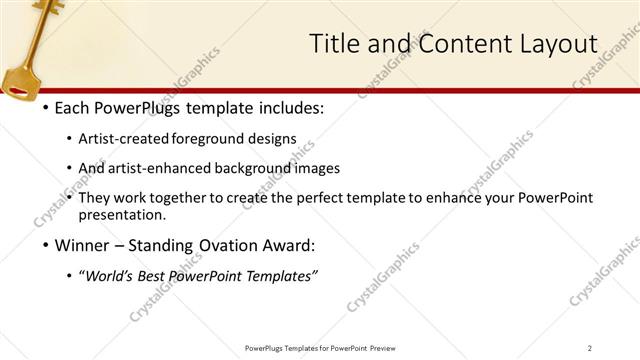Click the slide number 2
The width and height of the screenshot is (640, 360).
point(589,348)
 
